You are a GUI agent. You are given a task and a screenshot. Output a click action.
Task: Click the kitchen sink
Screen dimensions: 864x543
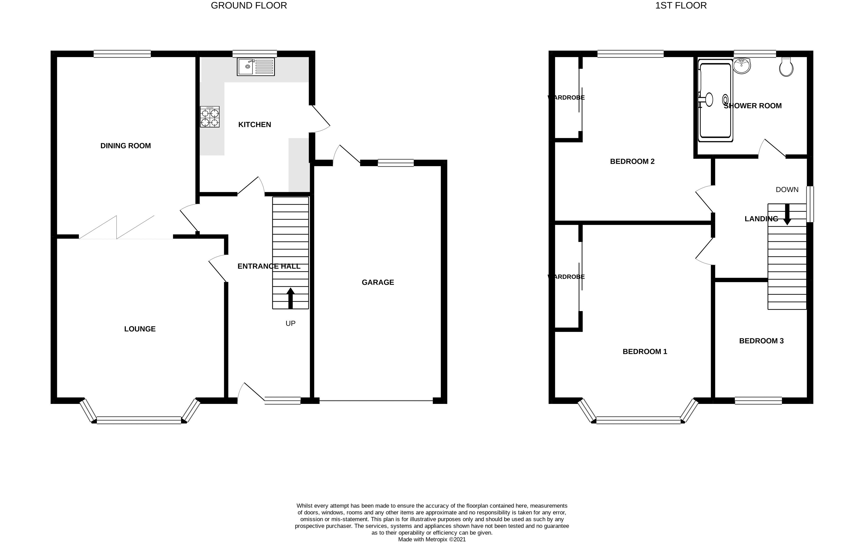(255, 67)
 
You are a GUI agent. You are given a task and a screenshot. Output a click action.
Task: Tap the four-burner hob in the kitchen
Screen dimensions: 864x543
(210, 117)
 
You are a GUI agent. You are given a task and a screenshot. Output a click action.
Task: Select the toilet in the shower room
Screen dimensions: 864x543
(786, 67)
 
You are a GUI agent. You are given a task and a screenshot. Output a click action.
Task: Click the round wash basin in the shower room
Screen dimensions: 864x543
(742, 65)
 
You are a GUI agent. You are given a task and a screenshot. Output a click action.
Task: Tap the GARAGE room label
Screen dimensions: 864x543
(378, 282)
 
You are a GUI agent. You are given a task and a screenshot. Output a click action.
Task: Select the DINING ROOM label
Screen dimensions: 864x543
(126, 146)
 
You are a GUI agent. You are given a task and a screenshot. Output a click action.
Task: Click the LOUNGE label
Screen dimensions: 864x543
(140, 329)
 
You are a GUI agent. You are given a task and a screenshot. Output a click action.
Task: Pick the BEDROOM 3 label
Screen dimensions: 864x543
(761, 341)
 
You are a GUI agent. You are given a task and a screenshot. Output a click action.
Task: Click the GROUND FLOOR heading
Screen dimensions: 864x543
(249, 6)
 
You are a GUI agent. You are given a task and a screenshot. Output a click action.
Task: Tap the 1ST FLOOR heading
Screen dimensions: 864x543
(681, 6)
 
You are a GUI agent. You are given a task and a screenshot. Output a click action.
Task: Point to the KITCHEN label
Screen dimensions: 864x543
(255, 125)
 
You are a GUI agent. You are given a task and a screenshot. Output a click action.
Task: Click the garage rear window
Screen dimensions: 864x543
(396, 163)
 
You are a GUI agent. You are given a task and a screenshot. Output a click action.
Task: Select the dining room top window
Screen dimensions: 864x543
(122, 54)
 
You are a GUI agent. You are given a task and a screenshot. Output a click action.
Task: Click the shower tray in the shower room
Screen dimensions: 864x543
(715, 100)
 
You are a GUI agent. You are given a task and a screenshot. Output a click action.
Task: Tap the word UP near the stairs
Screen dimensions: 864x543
(291, 324)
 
